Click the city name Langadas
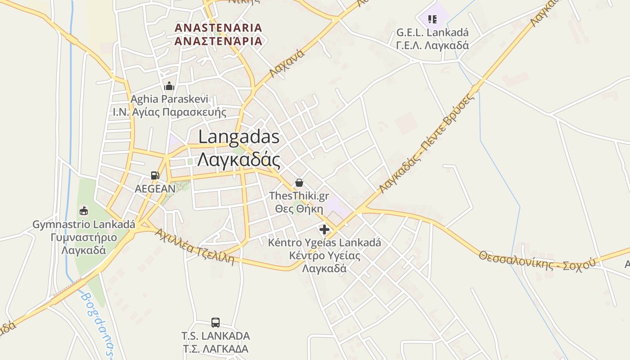click(x=238, y=137)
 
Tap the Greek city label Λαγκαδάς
click(x=238, y=159)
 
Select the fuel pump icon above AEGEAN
click(x=155, y=175)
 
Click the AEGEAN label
click(x=155, y=189)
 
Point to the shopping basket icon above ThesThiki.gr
click(x=299, y=183)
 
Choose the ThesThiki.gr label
click(x=299, y=196)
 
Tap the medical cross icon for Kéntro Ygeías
click(x=324, y=230)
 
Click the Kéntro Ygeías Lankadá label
click(x=324, y=243)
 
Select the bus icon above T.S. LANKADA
click(x=216, y=323)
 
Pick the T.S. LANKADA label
click(x=216, y=336)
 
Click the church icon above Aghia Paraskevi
click(x=169, y=86)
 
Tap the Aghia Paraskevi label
click(x=169, y=99)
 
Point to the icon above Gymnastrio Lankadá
click(x=84, y=211)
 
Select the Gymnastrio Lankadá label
click(x=84, y=224)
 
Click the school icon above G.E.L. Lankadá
click(x=432, y=19)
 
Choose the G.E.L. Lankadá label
click(x=432, y=33)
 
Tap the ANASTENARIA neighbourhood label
click(x=218, y=27)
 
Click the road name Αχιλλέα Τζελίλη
click(x=195, y=247)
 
